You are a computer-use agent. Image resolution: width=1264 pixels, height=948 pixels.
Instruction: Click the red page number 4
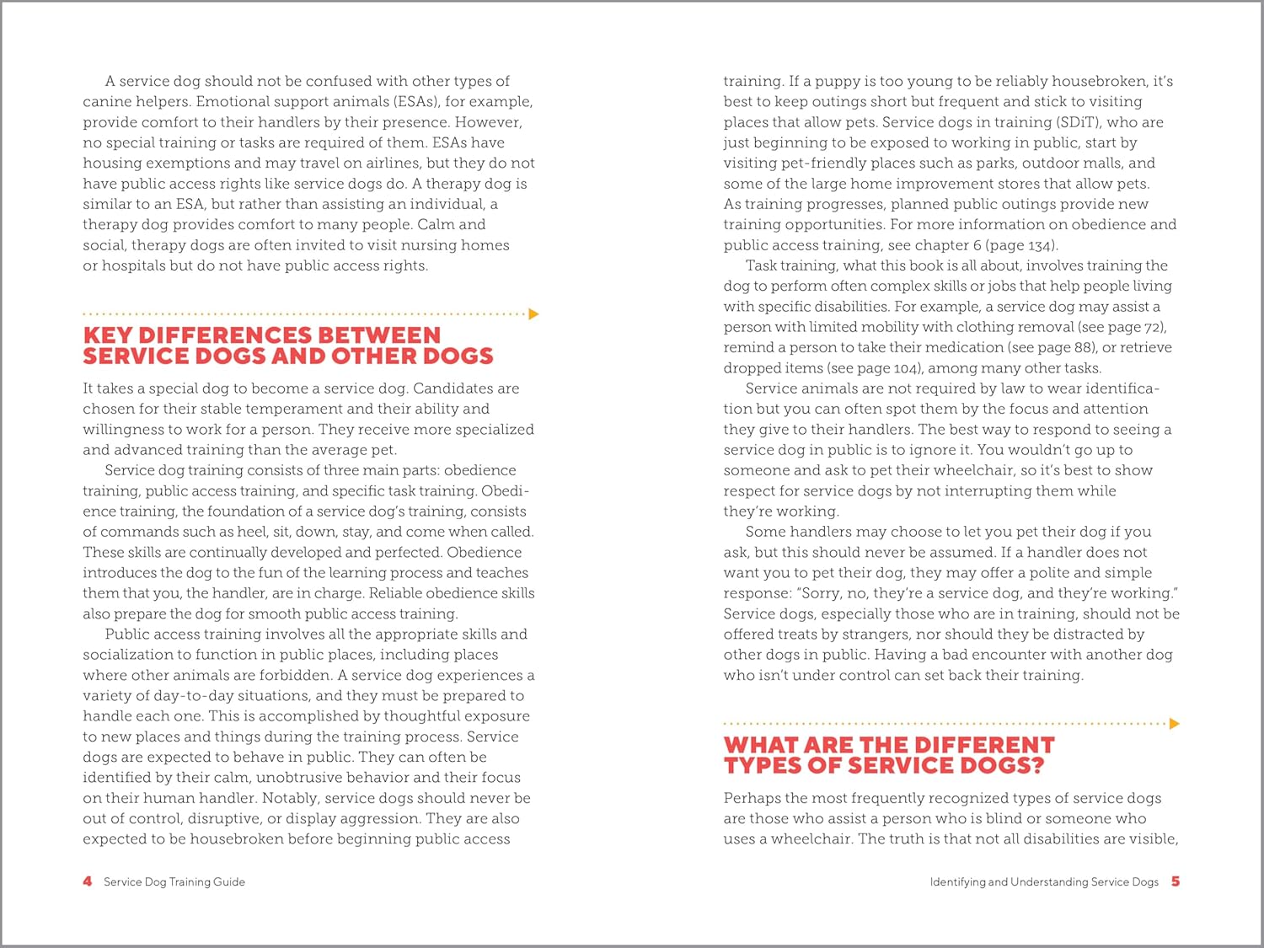(88, 881)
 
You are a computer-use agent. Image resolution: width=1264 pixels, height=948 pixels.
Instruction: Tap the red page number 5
(1176, 881)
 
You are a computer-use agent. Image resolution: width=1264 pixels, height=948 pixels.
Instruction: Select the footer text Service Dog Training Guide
(174, 882)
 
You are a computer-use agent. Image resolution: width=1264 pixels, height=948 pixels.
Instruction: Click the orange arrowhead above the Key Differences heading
(533, 314)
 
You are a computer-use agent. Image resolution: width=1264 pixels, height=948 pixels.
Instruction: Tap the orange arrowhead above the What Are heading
(1175, 723)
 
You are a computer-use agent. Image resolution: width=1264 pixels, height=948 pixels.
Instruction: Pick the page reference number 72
(1153, 327)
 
